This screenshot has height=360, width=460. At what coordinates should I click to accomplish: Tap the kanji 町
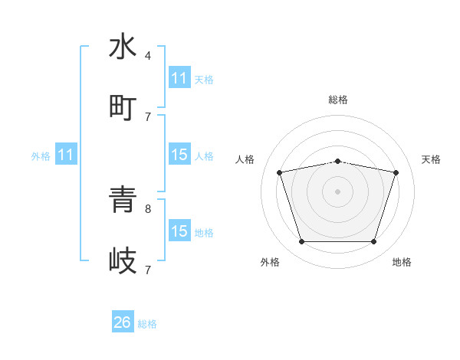[123, 106]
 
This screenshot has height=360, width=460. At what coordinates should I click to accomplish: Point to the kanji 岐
[123, 260]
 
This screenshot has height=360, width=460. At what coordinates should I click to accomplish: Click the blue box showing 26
[123, 322]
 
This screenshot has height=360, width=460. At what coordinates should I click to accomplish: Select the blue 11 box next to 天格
[179, 78]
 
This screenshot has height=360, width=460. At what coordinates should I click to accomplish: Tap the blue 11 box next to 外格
[66, 155]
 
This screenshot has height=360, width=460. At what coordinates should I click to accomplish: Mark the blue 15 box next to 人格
[179, 155]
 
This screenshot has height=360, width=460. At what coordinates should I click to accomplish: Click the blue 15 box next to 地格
[179, 231]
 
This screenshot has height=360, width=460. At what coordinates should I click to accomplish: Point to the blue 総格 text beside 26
[147, 324]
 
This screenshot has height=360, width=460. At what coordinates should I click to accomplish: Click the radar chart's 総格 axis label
[338, 100]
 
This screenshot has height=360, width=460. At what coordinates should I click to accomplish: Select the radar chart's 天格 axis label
[431, 159]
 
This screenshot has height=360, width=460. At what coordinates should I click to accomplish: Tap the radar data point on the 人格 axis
[280, 172]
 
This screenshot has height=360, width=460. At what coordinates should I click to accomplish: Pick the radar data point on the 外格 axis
[301, 242]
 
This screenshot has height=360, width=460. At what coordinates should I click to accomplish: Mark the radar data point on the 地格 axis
[374, 242]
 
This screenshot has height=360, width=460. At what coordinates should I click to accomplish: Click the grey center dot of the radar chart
[337, 191]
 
